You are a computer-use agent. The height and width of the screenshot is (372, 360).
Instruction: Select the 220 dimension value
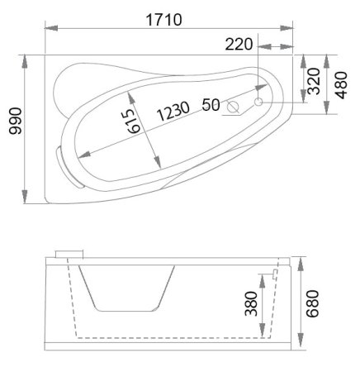coord(238,43)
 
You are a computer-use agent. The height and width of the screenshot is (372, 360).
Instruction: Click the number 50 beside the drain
coord(210,105)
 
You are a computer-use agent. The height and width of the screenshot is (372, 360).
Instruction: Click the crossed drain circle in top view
coord(234,107)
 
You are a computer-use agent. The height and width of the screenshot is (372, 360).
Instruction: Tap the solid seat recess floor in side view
coord(128,310)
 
